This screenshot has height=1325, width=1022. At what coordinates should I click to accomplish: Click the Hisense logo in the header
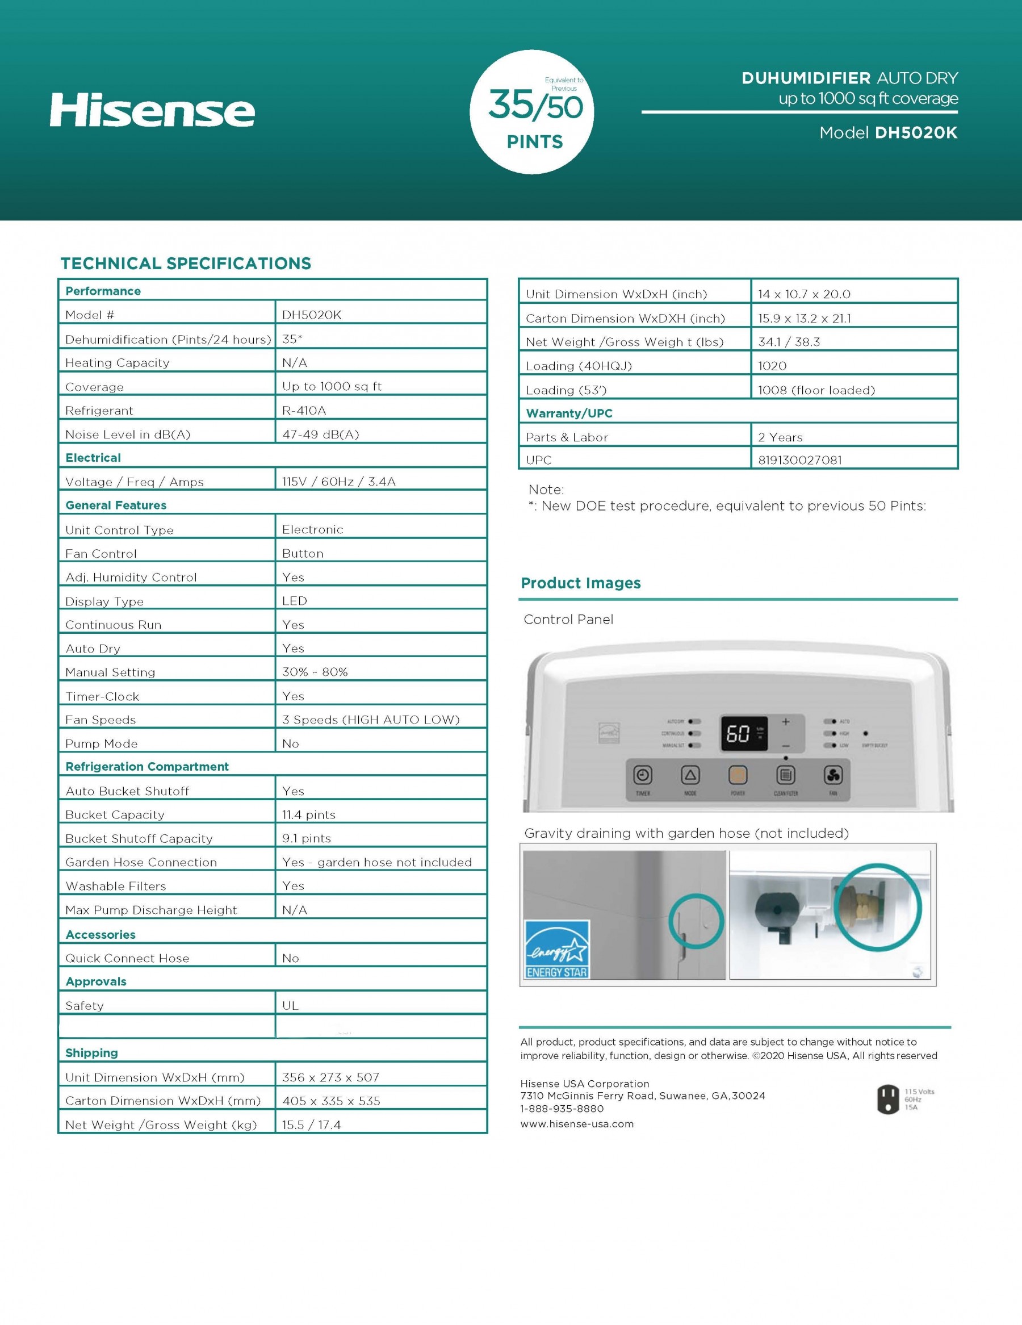(152, 110)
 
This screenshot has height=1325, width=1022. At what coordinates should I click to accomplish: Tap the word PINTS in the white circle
(535, 142)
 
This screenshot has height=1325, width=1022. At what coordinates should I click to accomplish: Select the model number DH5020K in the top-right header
(916, 133)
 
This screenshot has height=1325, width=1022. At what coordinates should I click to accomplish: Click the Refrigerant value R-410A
(304, 411)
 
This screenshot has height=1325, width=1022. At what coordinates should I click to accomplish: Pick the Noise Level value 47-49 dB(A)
(320, 434)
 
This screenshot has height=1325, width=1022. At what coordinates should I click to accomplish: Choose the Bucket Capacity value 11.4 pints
(308, 815)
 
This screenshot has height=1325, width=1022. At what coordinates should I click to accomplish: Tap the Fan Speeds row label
(100, 720)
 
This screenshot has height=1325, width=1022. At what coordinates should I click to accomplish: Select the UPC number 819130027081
(799, 460)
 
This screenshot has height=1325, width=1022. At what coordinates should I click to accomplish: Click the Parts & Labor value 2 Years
(780, 437)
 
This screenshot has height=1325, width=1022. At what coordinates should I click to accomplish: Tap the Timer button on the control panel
(642, 775)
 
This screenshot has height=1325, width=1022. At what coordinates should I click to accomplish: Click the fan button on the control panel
(833, 775)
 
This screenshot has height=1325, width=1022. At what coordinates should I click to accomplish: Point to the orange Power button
(738, 775)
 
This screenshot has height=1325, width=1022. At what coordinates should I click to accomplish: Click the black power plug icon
(888, 1100)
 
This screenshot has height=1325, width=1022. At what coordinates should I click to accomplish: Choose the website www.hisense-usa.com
(577, 1124)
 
